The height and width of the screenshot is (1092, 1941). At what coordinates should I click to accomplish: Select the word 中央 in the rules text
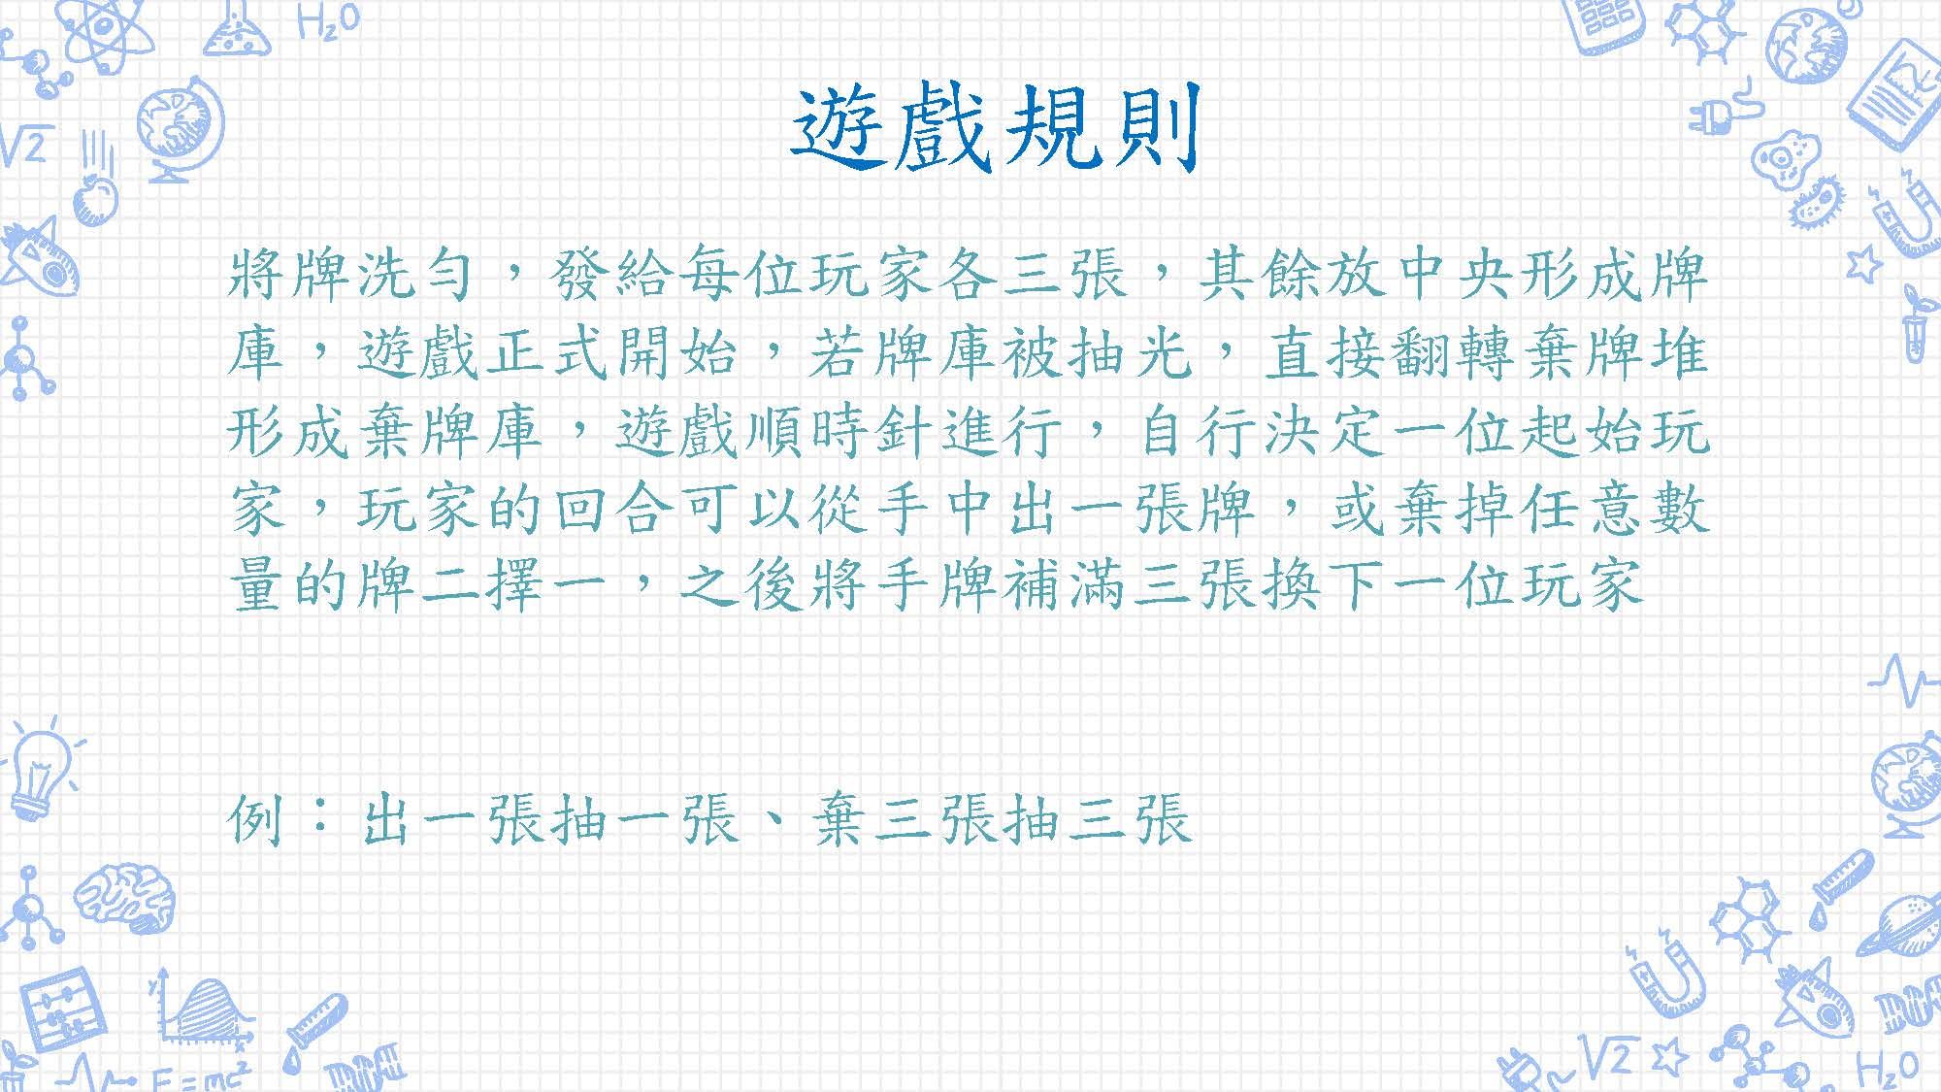(1452, 275)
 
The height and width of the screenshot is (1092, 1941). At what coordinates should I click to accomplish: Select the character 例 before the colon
(256, 818)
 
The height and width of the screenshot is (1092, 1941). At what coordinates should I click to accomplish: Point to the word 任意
(1581, 508)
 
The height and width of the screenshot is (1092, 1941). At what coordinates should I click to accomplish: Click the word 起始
(1581, 430)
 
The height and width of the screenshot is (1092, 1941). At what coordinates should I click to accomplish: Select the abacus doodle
(61, 1009)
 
